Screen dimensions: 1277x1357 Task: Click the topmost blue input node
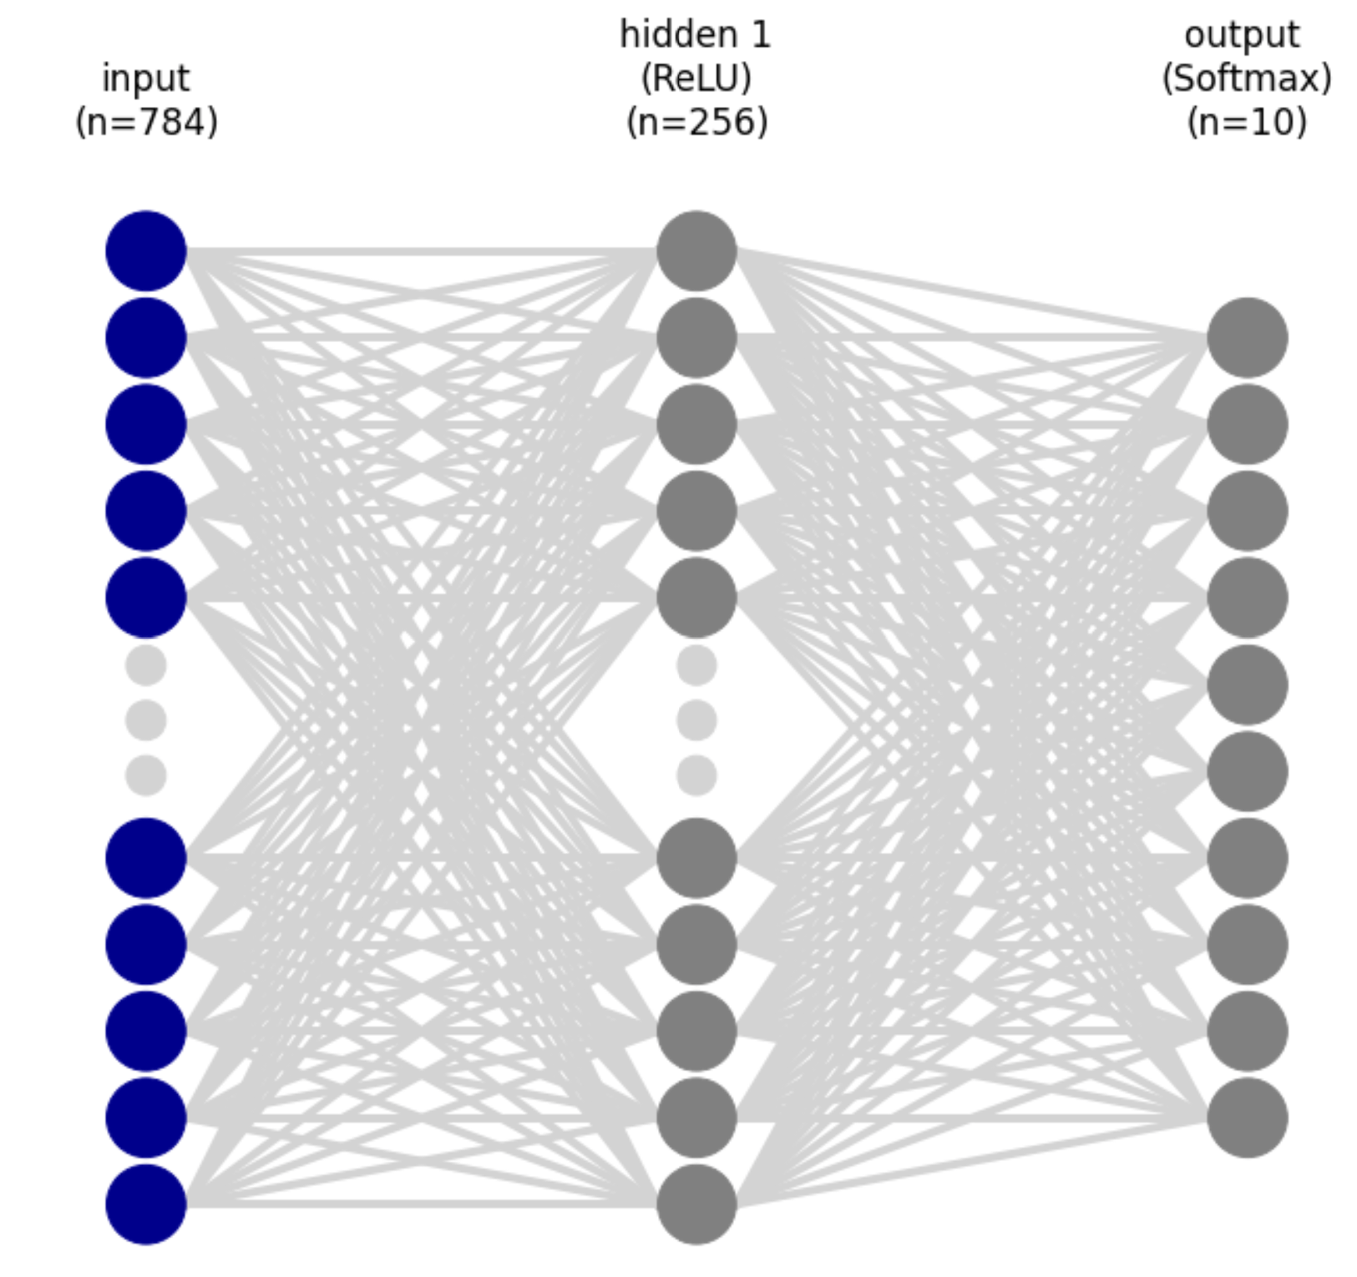click(146, 250)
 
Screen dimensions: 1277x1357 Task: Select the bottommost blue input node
click(146, 1204)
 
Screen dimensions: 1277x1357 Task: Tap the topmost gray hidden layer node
click(696, 250)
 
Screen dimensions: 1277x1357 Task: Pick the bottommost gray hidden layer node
click(696, 1204)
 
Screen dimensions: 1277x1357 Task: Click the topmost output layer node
click(1247, 337)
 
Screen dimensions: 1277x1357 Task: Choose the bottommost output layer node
click(1247, 1117)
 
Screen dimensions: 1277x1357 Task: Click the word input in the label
click(146, 79)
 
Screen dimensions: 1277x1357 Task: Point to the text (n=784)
click(146, 123)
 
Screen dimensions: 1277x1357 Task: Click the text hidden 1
click(696, 35)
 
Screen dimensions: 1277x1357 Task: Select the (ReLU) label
click(696, 78)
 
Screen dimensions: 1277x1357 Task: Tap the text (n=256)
click(696, 123)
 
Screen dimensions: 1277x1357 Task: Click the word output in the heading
click(1242, 36)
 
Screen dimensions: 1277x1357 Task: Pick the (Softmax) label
click(1246, 78)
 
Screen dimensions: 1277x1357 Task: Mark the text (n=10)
click(1247, 123)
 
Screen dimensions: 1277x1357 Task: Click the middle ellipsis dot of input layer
click(146, 719)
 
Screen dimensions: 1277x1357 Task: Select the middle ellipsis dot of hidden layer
click(696, 719)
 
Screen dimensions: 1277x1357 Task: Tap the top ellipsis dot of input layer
click(146, 665)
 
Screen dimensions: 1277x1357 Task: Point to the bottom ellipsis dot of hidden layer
click(696, 775)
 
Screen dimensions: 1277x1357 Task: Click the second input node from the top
click(146, 337)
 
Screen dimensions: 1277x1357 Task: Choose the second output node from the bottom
click(1247, 1031)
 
